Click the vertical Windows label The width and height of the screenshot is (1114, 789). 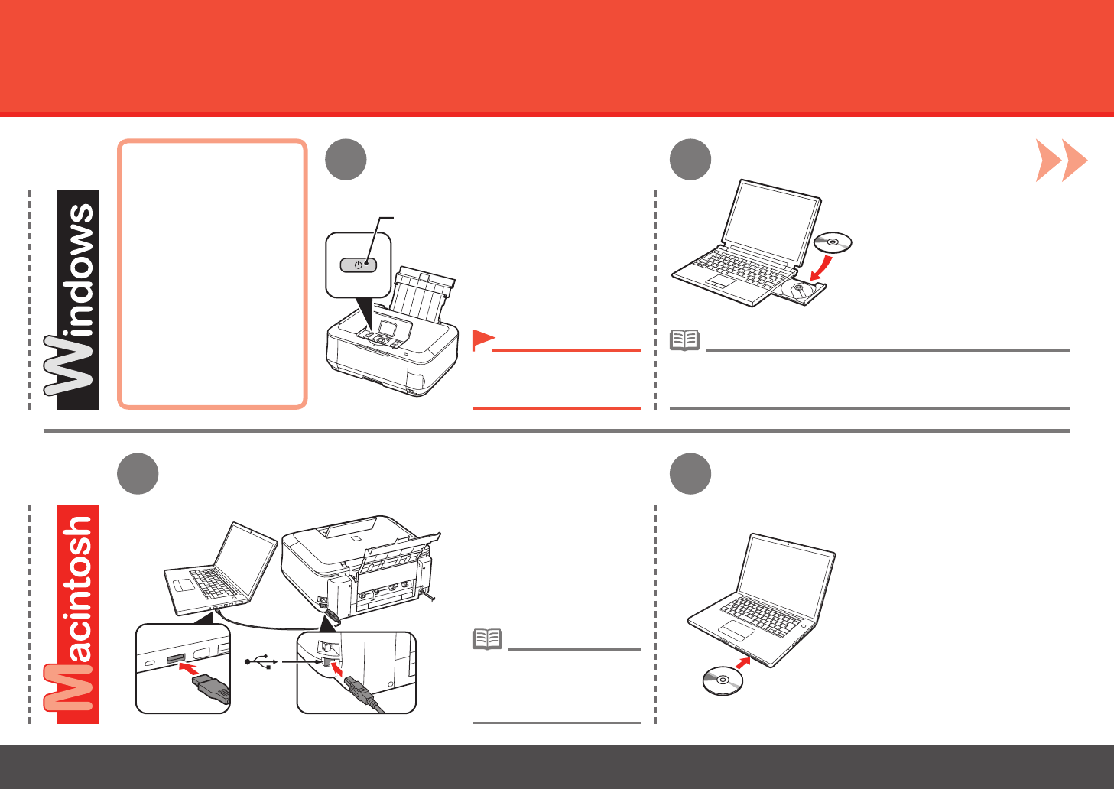tap(77, 300)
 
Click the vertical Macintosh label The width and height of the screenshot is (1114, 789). tap(77, 613)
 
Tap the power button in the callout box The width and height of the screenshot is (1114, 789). tap(358, 265)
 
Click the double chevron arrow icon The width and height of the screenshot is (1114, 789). tap(1061, 161)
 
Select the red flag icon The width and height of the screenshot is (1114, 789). tap(482, 340)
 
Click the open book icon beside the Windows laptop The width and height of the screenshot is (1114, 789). tap(684, 340)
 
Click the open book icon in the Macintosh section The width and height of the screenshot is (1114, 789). tap(487, 638)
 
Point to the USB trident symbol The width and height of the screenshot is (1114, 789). tap(259, 662)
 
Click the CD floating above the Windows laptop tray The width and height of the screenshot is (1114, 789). tap(833, 243)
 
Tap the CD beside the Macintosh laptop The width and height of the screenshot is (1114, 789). tap(723, 680)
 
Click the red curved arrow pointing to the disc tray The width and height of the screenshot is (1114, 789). tap(821, 268)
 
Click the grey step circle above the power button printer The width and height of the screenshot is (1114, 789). tap(346, 160)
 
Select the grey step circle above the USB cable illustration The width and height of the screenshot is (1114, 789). tap(138, 474)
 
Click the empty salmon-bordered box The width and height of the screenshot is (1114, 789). tap(213, 274)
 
